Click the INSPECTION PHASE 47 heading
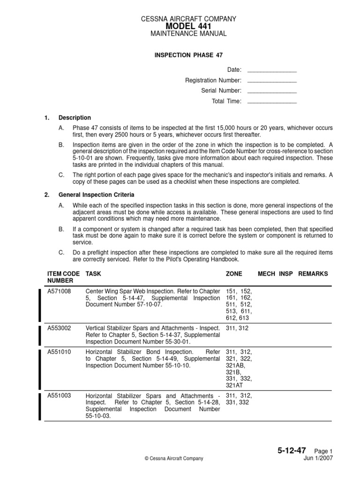click(189, 55)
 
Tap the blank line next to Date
click(271, 71)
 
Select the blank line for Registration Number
click(271, 81)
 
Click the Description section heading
click(75, 118)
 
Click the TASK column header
click(93, 273)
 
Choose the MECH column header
click(267, 273)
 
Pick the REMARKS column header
click(313, 273)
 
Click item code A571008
click(59, 291)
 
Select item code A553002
click(59, 328)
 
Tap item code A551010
click(59, 352)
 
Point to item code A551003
click(59, 396)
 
